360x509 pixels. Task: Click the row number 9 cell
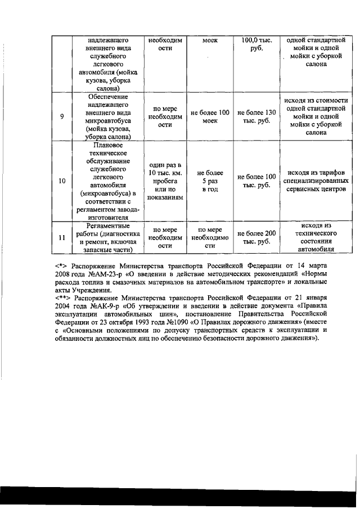tap(62, 116)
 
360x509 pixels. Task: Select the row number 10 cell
tap(62, 181)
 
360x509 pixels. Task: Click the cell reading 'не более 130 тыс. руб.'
tap(256, 116)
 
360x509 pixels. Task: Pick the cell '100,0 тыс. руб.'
tap(256, 44)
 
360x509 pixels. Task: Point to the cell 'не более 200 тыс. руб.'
tap(256, 237)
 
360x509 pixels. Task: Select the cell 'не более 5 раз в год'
tap(210, 181)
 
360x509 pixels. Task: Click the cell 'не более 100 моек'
tap(210, 116)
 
